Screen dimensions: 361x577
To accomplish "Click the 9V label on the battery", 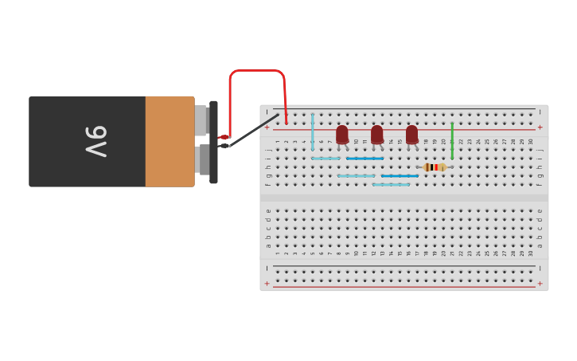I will (x=95, y=141).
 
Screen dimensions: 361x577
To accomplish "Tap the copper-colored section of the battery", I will (x=170, y=141).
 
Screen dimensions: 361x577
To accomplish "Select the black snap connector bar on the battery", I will (x=213, y=142).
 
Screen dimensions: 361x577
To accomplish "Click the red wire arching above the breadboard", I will (x=256, y=71).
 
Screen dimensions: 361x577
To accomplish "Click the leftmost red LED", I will (x=342, y=134).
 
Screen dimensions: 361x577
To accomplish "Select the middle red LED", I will (x=376, y=134).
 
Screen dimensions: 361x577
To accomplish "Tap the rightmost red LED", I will (x=411, y=134).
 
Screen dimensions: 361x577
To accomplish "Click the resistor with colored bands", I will (x=434, y=167).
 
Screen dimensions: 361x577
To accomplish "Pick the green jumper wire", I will (x=452, y=140).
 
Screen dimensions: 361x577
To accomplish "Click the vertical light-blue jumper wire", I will (x=313, y=131).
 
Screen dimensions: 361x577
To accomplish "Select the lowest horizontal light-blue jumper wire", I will (x=391, y=185).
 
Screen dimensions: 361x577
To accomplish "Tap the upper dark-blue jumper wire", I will (x=365, y=159).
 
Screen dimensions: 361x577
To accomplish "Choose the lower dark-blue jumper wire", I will (x=400, y=176).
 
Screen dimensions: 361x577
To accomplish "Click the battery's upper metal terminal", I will (x=201, y=120).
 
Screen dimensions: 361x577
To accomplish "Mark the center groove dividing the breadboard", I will (x=404, y=197).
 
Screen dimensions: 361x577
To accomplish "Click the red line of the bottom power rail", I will (x=404, y=286).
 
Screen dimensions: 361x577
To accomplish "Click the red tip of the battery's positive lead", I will (x=224, y=137).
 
